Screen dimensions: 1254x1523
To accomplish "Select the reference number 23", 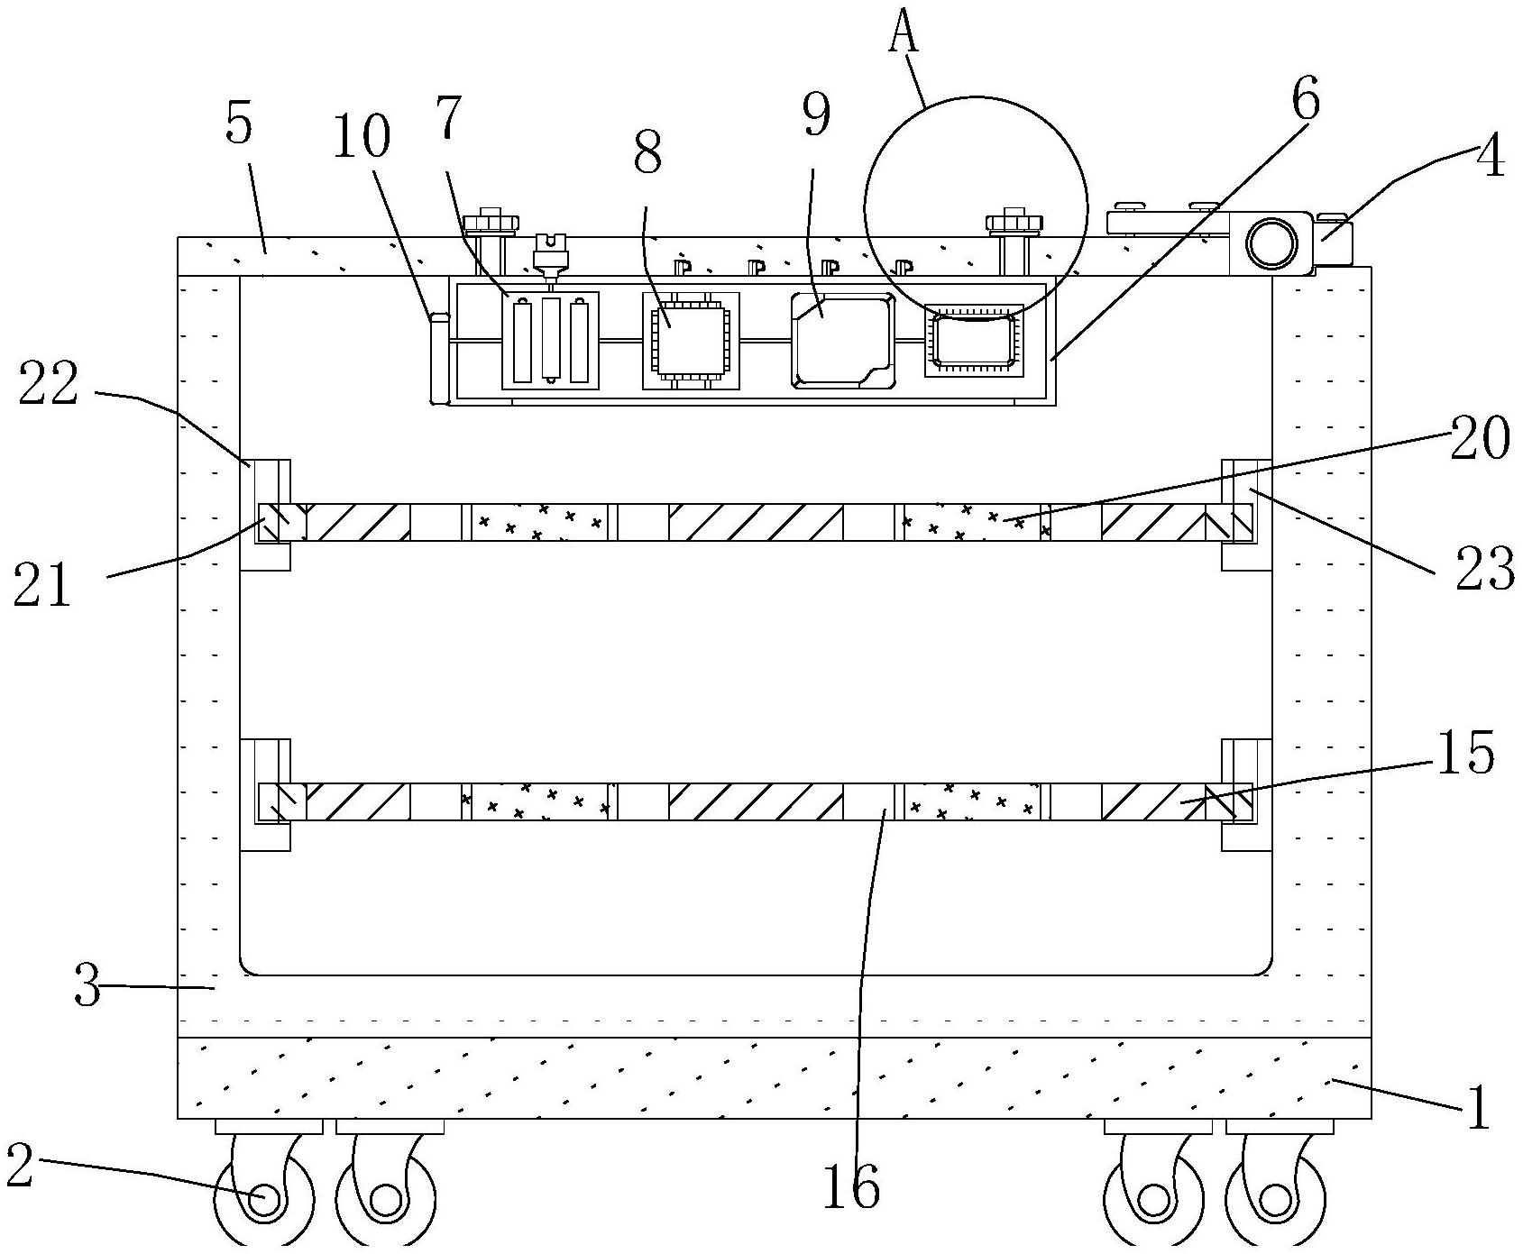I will click(1484, 571).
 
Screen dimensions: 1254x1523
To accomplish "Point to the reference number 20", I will click(1479, 441).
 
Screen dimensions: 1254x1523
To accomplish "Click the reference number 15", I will click(1465, 753).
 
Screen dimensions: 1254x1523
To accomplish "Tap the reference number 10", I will click(361, 138).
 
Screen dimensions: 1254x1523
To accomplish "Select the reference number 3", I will click(87, 986).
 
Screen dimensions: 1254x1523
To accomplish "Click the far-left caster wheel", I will click(264, 1200).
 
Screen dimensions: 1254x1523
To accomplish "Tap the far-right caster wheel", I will click(1274, 1200).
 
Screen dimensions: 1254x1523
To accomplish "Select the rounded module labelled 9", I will click(842, 340).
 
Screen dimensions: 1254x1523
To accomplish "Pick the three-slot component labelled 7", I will click(550, 340).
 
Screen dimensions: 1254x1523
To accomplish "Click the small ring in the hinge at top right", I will click(1271, 243).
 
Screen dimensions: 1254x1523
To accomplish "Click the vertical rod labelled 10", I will click(438, 358).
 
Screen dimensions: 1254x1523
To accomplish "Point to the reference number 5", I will click(239, 124).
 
